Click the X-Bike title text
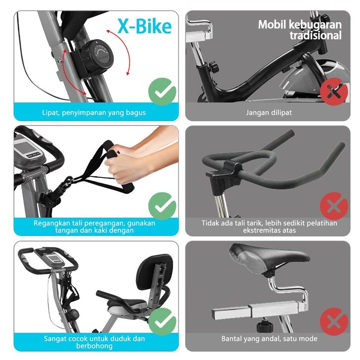point(144,26)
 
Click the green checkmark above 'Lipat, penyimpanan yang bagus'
point(162,91)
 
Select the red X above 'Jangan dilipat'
point(334,91)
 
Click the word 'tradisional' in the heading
point(315,35)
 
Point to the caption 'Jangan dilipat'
point(269,113)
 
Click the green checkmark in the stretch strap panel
point(162,206)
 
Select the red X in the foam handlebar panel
point(334,206)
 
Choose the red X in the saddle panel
point(334,322)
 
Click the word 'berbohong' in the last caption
point(94,346)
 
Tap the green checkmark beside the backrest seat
point(162,322)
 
